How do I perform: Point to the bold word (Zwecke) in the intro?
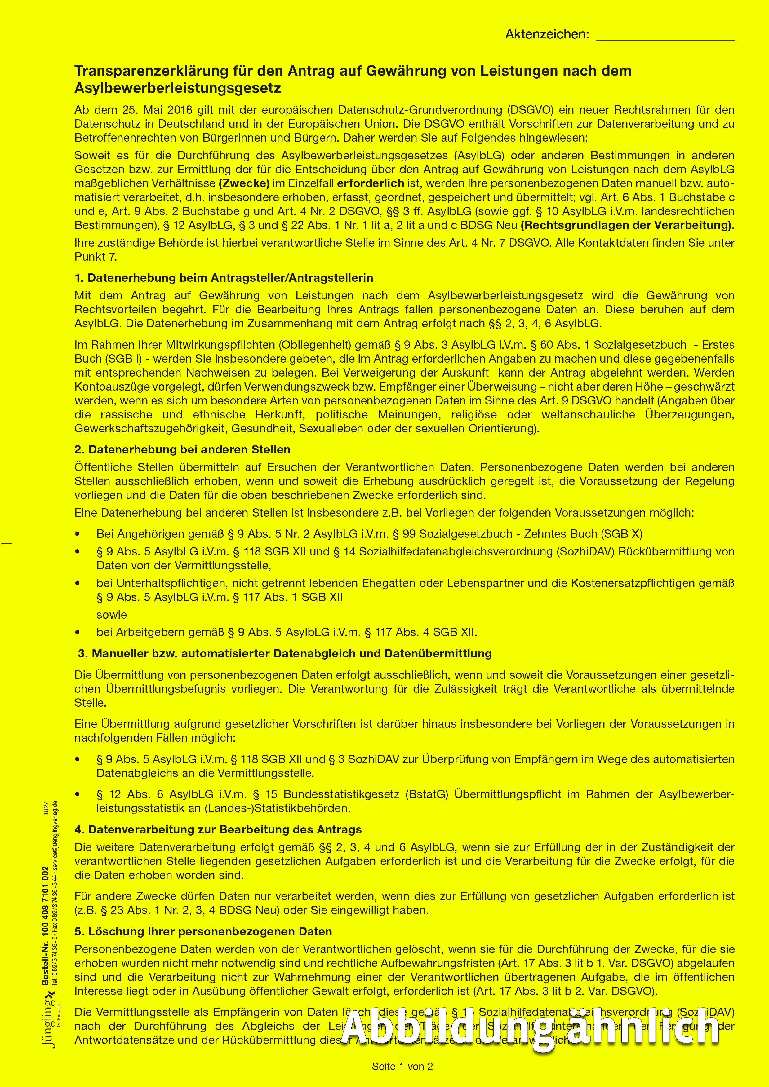(x=244, y=183)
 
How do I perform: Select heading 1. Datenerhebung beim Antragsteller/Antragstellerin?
(x=224, y=278)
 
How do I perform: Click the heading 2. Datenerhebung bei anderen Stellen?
(x=182, y=449)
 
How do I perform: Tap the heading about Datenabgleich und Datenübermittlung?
(x=285, y=653)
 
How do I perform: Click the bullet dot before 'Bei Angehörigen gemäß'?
(x=78, y=534)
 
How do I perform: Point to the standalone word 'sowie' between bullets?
(x=112, y=615)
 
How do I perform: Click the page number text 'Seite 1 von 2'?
(x=402, y=1066)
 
